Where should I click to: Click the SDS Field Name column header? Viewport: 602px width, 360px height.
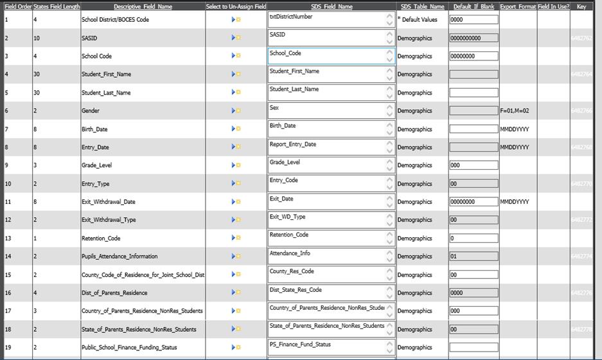[332, 6]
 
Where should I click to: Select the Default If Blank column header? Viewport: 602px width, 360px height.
[474, 6]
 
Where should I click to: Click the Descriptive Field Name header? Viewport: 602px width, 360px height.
[143, 6]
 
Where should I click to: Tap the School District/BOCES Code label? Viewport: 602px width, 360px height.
[115, 20]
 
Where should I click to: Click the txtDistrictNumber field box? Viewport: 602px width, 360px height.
[326, 20]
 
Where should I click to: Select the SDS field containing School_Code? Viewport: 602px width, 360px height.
[326, 57]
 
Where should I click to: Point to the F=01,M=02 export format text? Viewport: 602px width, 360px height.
[514, 111]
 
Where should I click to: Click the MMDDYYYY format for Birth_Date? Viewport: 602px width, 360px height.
[514, 129]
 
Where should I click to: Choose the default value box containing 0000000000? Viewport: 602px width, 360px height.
[474, 39]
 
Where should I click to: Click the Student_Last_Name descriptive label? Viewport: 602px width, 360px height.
[106, 93]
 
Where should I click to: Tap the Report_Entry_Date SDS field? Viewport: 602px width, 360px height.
[326, 147]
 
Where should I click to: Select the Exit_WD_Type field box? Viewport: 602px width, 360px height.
[326, 220]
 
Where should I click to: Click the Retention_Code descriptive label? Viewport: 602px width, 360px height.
[101, 239]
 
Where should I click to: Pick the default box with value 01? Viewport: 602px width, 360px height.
[474, 256]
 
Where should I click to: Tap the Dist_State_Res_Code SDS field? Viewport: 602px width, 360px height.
[326, 293]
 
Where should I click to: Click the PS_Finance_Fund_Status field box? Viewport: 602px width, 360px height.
[326, 348]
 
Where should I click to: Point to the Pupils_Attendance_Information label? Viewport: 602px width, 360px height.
[120, 256]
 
